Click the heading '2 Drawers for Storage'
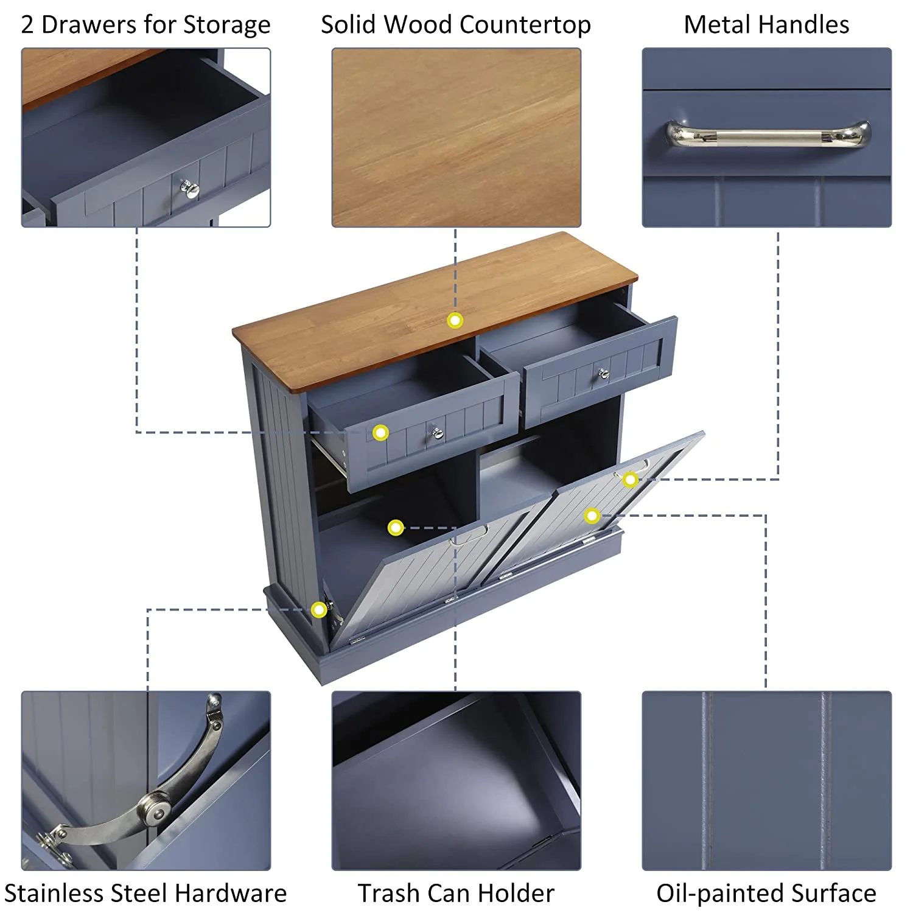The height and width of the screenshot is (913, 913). pos(145,25)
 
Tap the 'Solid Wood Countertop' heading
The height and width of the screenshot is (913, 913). pos(456,25)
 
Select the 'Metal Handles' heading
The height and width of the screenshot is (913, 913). pos(766,25)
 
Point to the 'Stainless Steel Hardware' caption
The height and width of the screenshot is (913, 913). pos(145,893)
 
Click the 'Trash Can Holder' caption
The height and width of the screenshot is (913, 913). pos(456,893)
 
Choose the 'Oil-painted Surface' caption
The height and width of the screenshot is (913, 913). pos(766,893)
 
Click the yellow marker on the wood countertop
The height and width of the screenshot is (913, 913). pos(455,320)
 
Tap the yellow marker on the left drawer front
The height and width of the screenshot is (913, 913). pos(380,433)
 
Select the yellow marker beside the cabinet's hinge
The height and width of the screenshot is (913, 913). pos(319,609)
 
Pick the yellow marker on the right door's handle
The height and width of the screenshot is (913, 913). pos(630,480)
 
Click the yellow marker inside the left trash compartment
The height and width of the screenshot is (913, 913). pos(396,527)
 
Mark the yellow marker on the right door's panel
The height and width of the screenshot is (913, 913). pos(592,516)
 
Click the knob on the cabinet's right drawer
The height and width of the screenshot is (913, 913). pos(603,373)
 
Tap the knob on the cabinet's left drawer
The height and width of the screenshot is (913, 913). pos(436,433)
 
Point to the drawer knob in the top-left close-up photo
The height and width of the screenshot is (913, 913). pos(190,189)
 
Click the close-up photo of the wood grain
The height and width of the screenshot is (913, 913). pos(456,138)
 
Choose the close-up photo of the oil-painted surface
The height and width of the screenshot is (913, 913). pos(766,780)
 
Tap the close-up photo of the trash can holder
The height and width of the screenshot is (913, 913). pos(456,780)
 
